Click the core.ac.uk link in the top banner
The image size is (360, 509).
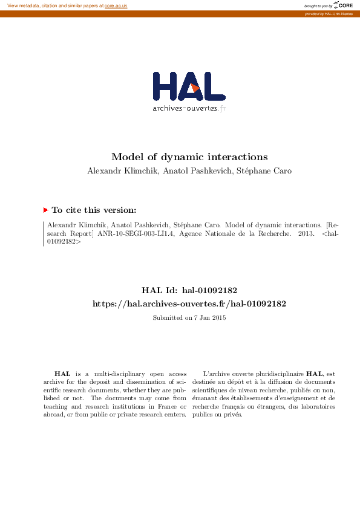point(116,5)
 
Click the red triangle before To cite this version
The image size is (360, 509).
point(45,210)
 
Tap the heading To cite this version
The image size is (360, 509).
point(94,210)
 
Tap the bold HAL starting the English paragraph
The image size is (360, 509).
point(61,375)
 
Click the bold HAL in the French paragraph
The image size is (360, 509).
point(314,375)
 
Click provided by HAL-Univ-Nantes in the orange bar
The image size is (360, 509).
point(330,13)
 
